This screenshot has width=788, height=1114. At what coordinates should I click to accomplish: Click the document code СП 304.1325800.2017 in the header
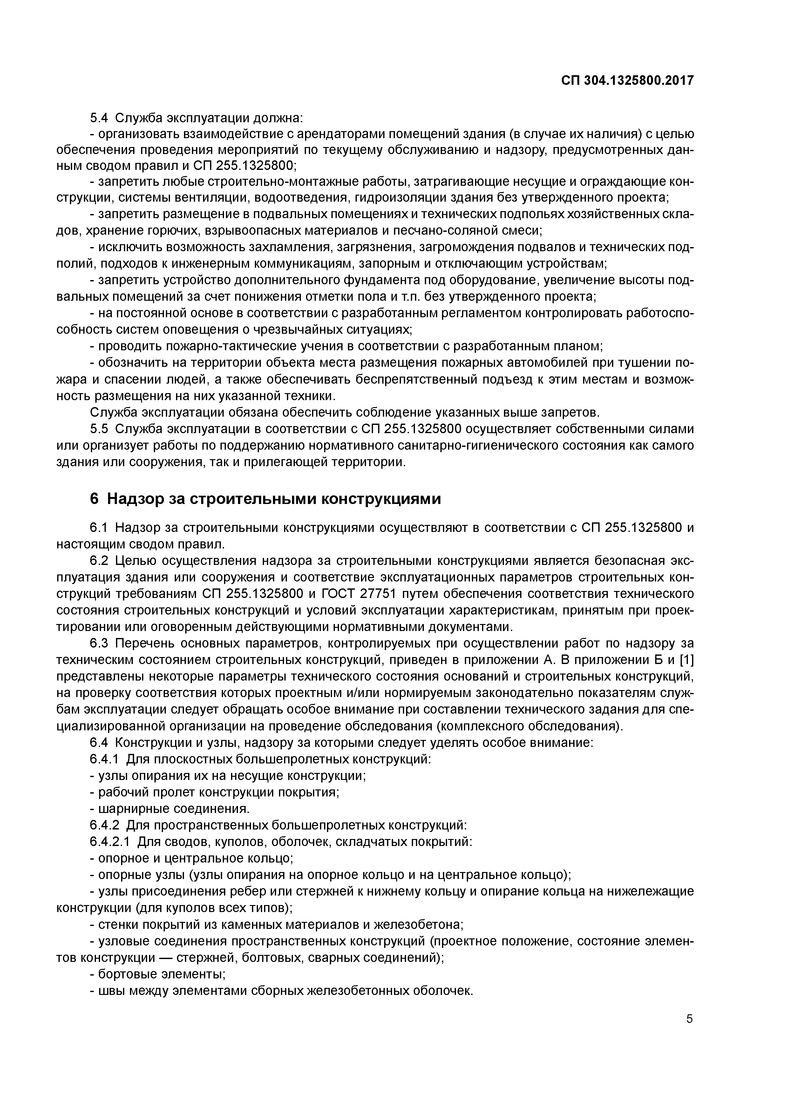(627, 81)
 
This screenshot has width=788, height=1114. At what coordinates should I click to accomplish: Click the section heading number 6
(94, 499)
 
